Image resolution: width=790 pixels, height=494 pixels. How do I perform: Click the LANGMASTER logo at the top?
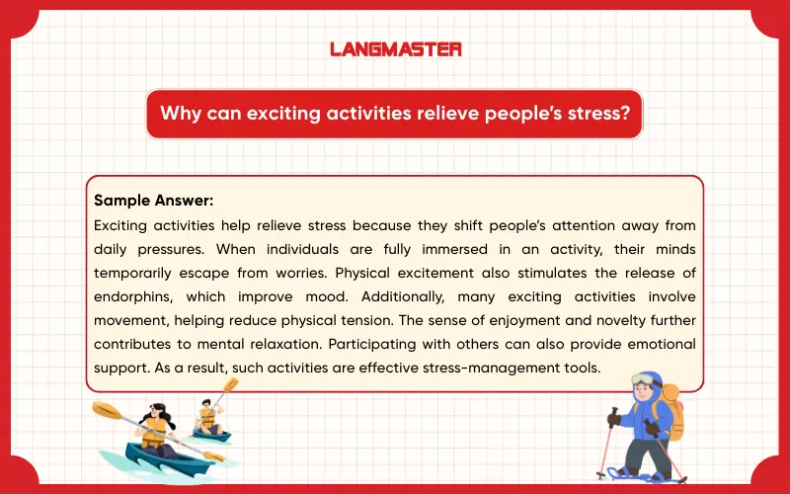tap(395, 47)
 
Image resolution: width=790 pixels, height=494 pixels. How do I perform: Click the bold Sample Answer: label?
tap(147, 199)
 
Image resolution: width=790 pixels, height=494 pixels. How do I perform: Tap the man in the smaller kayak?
tap(206, 416)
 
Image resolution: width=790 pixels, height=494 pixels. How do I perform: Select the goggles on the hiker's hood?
tap(648, 380)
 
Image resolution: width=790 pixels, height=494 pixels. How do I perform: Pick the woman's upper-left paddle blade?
tap(106, 407)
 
